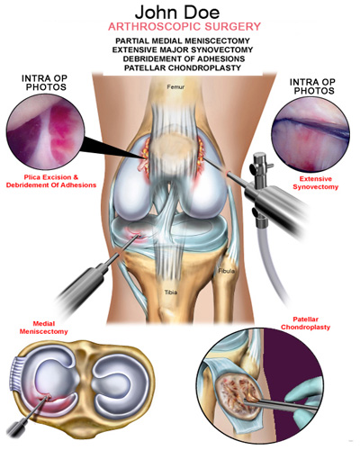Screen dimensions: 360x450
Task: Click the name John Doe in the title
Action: (177, 13)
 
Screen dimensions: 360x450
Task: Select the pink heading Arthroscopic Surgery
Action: (184, 27)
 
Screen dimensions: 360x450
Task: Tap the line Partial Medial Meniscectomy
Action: (183, 40)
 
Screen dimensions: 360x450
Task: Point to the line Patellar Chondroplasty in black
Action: (183, 67)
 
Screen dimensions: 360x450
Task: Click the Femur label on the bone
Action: (175, 87)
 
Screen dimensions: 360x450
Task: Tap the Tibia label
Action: (171, 292)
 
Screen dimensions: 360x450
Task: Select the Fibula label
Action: (227, 271)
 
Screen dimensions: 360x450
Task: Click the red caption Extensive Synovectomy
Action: (316, 183)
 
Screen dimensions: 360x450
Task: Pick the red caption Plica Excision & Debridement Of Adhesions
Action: (51, 181)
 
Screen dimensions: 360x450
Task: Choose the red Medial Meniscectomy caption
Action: (44, 328)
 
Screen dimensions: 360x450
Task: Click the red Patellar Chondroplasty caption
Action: (305, 323)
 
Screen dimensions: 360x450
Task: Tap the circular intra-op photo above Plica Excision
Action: (45, 132)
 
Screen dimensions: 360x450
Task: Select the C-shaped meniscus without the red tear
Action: (121, 381)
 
